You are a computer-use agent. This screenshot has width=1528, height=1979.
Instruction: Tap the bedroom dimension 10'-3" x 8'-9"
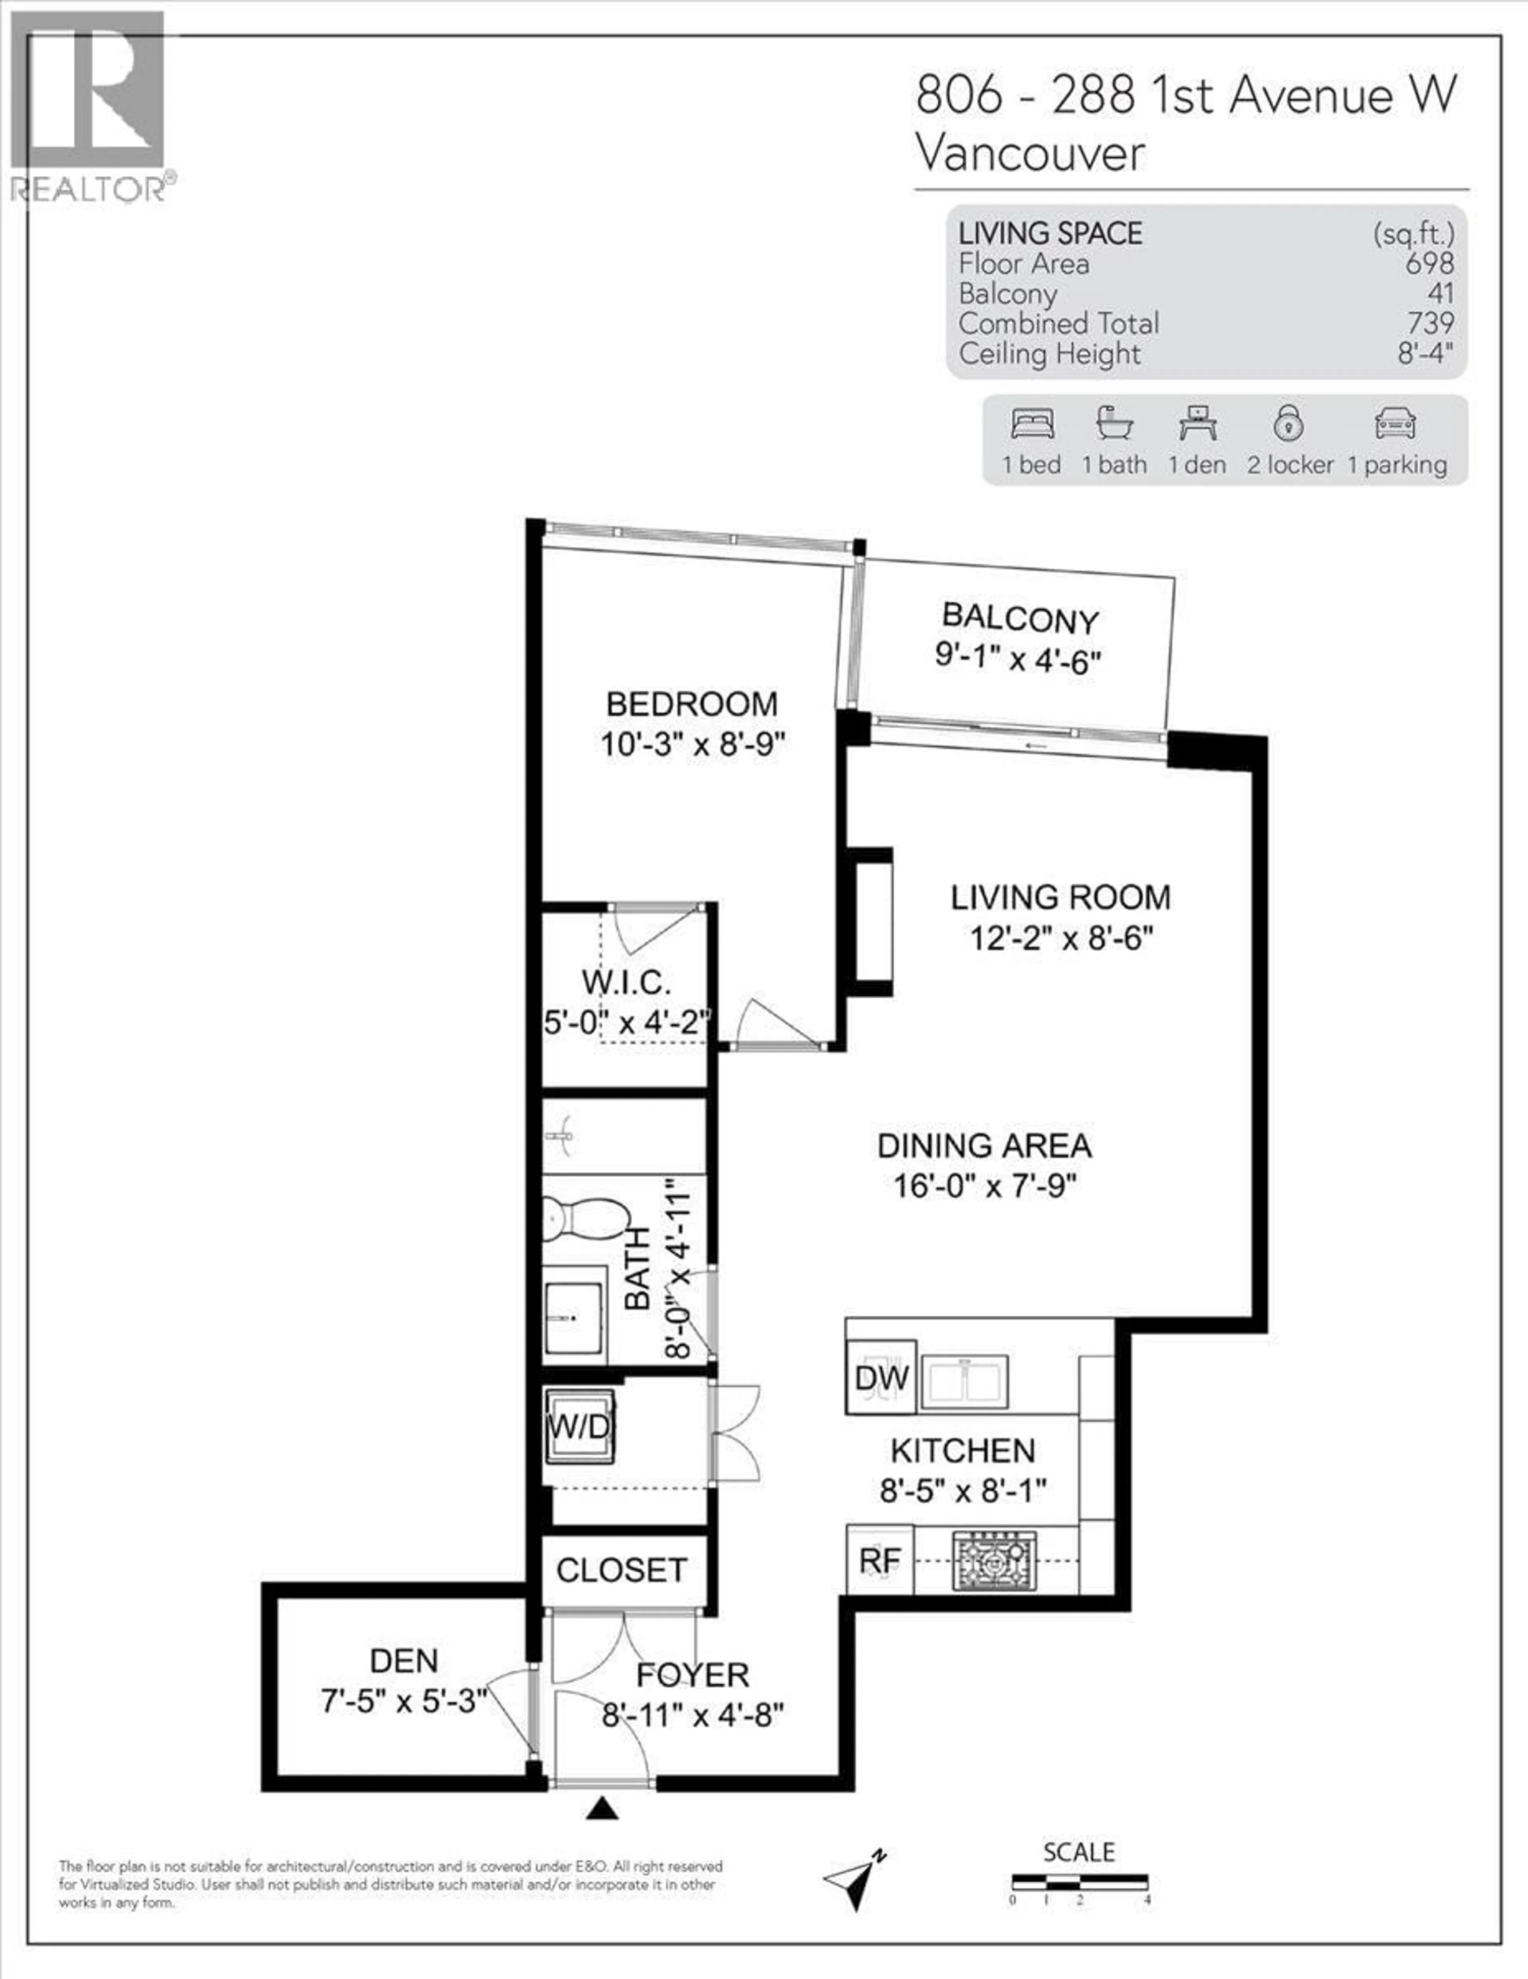coord(692,745)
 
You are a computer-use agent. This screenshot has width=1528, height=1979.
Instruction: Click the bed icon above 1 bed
coord(1033,423)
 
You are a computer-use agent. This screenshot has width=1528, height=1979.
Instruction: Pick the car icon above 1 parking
coord(1395,423)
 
